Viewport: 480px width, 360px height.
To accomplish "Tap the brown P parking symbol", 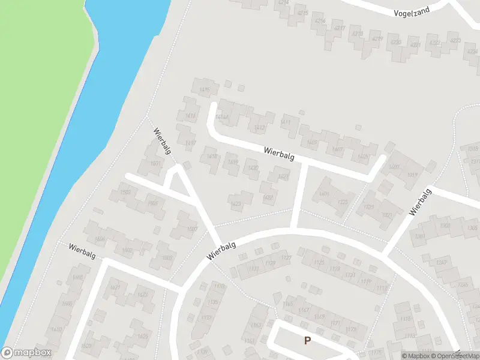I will (308, 340).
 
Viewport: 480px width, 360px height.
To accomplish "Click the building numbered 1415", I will (205, 90).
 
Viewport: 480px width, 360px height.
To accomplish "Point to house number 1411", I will (286, 122).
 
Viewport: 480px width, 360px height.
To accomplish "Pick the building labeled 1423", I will (236, 203).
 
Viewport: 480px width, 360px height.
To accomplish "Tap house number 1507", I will (193, 229).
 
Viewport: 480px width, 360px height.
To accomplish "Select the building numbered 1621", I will (116, 288).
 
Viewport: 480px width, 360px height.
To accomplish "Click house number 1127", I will (286, 258).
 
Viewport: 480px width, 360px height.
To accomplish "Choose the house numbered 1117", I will (381, 288).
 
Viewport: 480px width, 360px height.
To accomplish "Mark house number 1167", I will (304, 310).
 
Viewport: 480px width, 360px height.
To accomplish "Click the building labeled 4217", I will (340, 28).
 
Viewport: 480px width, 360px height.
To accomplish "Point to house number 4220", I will (395, 42).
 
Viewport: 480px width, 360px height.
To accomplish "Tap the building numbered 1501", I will (156, 164).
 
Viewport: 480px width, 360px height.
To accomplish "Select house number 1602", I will (127, 250).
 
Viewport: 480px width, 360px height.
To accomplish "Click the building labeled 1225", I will (343, 202).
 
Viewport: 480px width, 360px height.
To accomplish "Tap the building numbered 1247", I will (442, 263).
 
